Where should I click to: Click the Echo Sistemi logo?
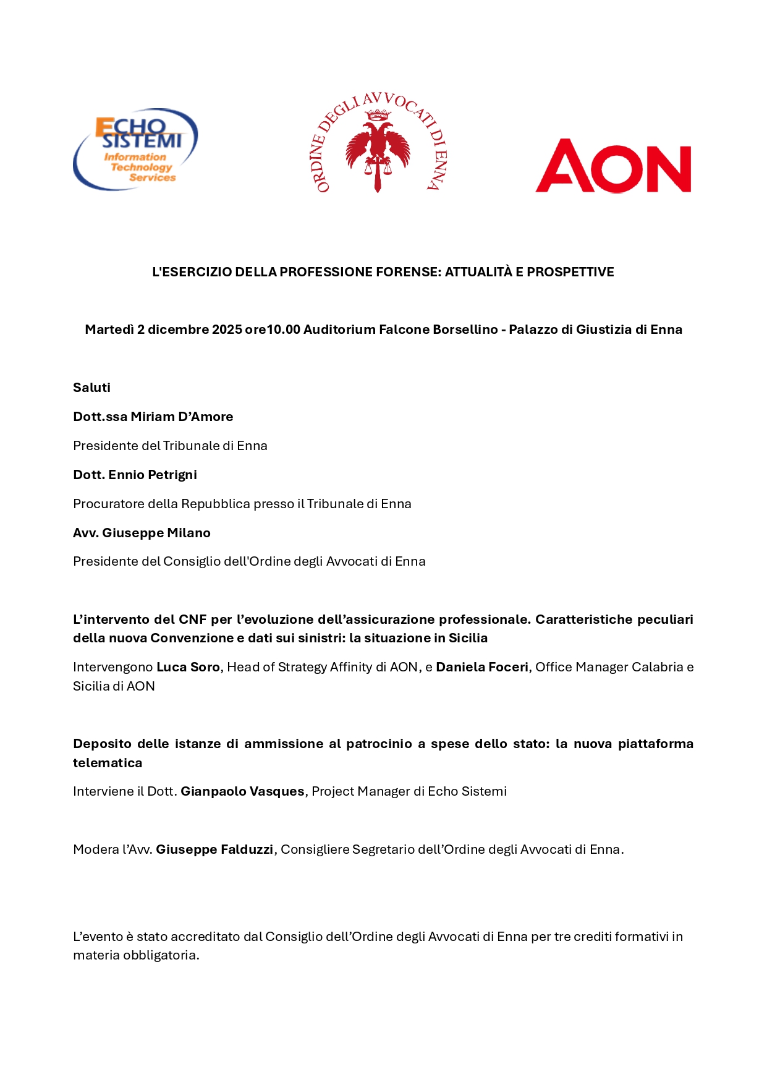[x=136, y=150]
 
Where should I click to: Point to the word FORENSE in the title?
[x=409, y=272]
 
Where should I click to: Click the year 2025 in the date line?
[x=227, y=330]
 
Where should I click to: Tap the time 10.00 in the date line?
[x=283, y=330]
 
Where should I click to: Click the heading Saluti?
[x=91, y=388]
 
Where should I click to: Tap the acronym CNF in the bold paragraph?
[x=192, y=619]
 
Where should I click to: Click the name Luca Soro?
[x=188, y=667]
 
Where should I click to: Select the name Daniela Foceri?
[x=482, y=667]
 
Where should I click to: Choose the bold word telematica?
[x=108, y=763]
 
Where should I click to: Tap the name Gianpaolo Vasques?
[x=242, y=791]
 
